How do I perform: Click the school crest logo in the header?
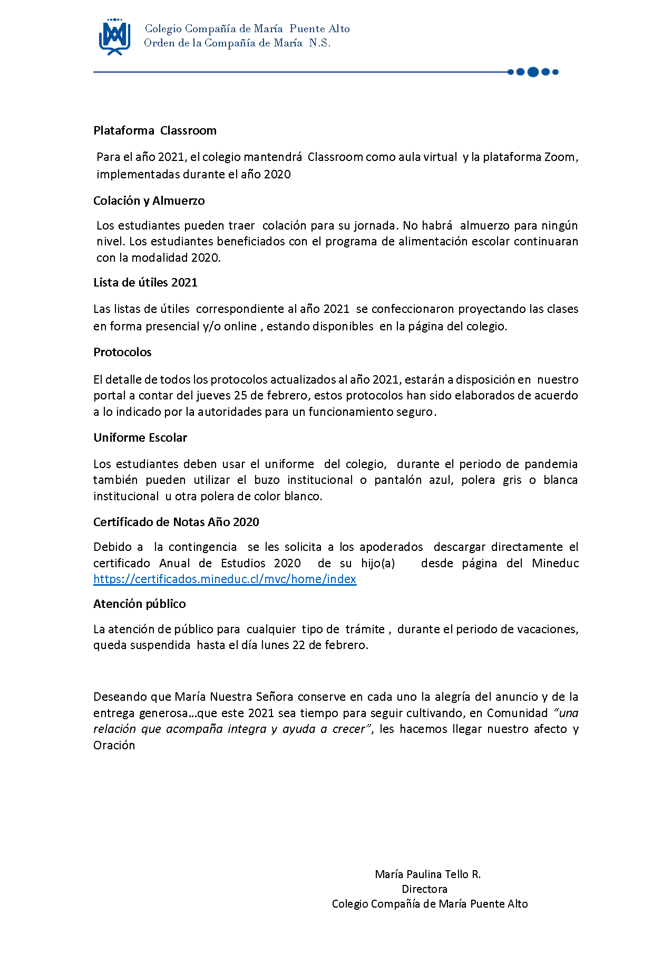[x=114, y=36]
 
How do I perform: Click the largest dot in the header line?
[x=533, y=72]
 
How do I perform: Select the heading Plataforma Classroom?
[x=155, y=130]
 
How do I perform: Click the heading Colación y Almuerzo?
[x=149, y=201]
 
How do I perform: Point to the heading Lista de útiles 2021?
[x=145, y=282]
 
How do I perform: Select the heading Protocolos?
[x=122, y=352]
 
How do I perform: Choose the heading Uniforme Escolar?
[x=140, y=437]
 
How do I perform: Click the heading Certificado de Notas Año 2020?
[x=176, y=522]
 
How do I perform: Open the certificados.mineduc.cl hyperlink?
[x=225, y=579]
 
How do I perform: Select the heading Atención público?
[x=140, y=604]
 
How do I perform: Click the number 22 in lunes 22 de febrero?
[x=299, y=645]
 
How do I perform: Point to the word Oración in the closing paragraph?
[x=114, y=745]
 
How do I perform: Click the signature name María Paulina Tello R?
[x=427, y=874]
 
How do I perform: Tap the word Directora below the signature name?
[x=424, y=889]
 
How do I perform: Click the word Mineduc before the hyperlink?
[x=556, y=563]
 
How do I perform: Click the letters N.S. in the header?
[x=320, y=43]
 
